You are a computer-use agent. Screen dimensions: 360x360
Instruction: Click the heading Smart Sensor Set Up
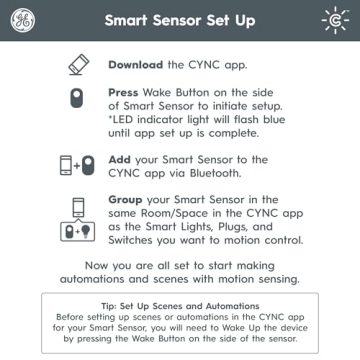[x=180, y=20]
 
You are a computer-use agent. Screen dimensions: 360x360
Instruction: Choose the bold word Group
[x=129, y=199]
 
